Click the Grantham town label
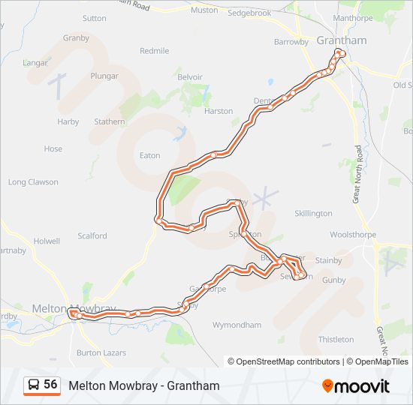331,40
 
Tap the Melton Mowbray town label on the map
74,308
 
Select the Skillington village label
313,214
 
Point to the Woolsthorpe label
352,235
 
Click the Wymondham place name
237,325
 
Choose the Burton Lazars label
101,352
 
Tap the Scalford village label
92,236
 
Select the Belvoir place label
190,77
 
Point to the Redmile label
155,51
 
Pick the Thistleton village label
336,340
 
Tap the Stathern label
110,122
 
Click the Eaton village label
150,156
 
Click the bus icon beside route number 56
34,385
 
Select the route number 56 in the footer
50,385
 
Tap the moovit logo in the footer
355,386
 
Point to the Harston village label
219,112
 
